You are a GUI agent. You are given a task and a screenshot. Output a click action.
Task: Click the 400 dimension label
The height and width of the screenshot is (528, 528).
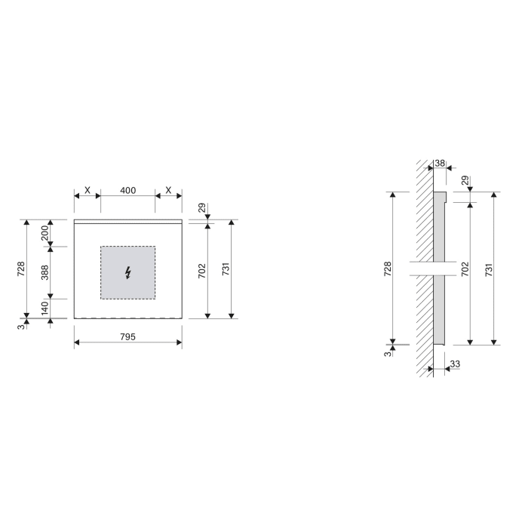point(128,191)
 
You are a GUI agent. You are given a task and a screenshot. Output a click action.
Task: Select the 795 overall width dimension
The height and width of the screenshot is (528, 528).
point(127,337)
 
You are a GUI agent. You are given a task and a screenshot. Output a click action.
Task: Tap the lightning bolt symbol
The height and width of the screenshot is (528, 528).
point(128,272)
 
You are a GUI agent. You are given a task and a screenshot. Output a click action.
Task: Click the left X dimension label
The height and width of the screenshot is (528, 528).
point(87,191)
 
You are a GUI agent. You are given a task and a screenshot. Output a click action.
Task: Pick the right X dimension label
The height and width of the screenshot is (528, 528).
point(168,191)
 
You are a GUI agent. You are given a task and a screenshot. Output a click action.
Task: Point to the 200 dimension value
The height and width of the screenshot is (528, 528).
point(45,232)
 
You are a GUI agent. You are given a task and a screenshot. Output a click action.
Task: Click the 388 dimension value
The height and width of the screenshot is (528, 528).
point(45,272)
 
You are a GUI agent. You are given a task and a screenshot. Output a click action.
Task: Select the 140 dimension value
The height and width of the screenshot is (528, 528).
point(45,308)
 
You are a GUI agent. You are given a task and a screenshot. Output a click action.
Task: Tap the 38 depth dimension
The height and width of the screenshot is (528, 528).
point(440,164)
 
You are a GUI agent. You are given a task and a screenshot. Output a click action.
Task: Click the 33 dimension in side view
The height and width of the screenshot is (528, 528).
point(454,364)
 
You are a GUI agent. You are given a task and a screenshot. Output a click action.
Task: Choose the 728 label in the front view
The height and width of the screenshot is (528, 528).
point(21,269)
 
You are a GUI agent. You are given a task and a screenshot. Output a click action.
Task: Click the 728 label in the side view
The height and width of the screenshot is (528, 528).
point(387,269)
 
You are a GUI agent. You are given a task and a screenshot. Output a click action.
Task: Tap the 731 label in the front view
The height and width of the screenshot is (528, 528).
point(226,269)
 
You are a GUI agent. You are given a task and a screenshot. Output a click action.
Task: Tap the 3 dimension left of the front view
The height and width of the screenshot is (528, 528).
point(21,326)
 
